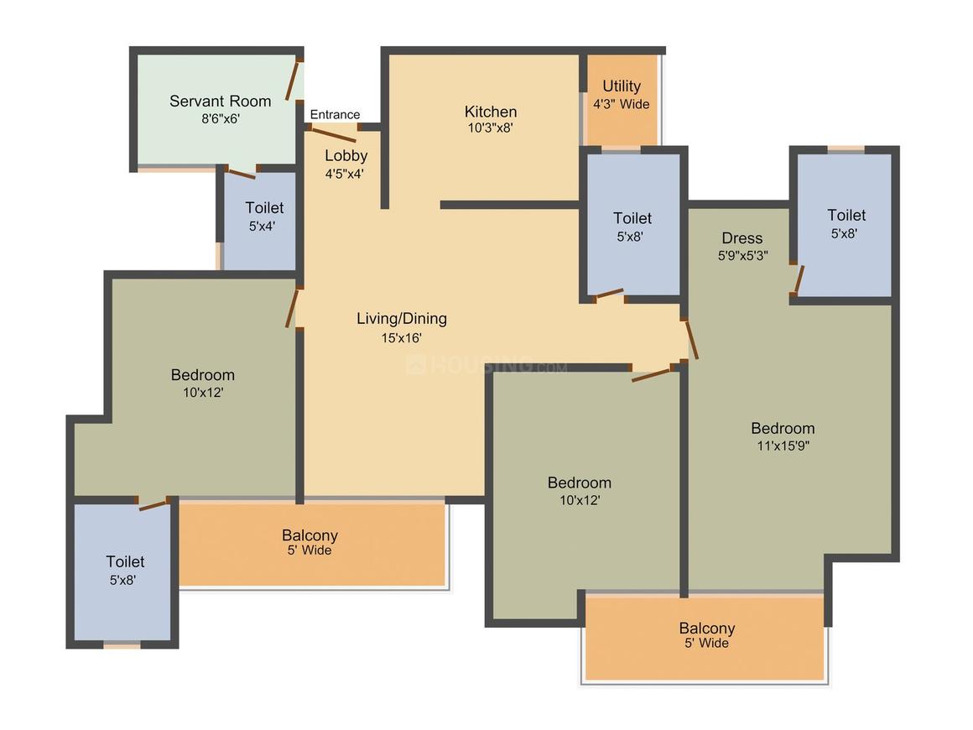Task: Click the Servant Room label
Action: tap(221, 102)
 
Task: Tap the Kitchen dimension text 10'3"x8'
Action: tap(490, 128)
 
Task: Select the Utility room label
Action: tap(622, 86)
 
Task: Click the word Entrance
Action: tap(335, 114)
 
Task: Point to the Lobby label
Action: tap(346, 156)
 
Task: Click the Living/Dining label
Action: tap(402, 319)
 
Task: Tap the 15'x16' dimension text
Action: tap(402, 337)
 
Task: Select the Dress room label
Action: tap(742, 237)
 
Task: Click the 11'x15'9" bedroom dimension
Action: tap(783, 445)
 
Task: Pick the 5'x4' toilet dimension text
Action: tap(262, 226)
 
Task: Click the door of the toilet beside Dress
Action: tap(800, 279)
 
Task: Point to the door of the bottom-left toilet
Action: tap(153, 504)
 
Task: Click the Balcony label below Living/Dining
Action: tap(310, 535)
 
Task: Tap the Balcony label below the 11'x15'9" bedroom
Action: tap(707, 628)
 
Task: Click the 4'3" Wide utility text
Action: tap(622, 104)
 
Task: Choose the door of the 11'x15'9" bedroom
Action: tap(691, 339)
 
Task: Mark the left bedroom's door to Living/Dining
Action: tap(292, 308)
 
